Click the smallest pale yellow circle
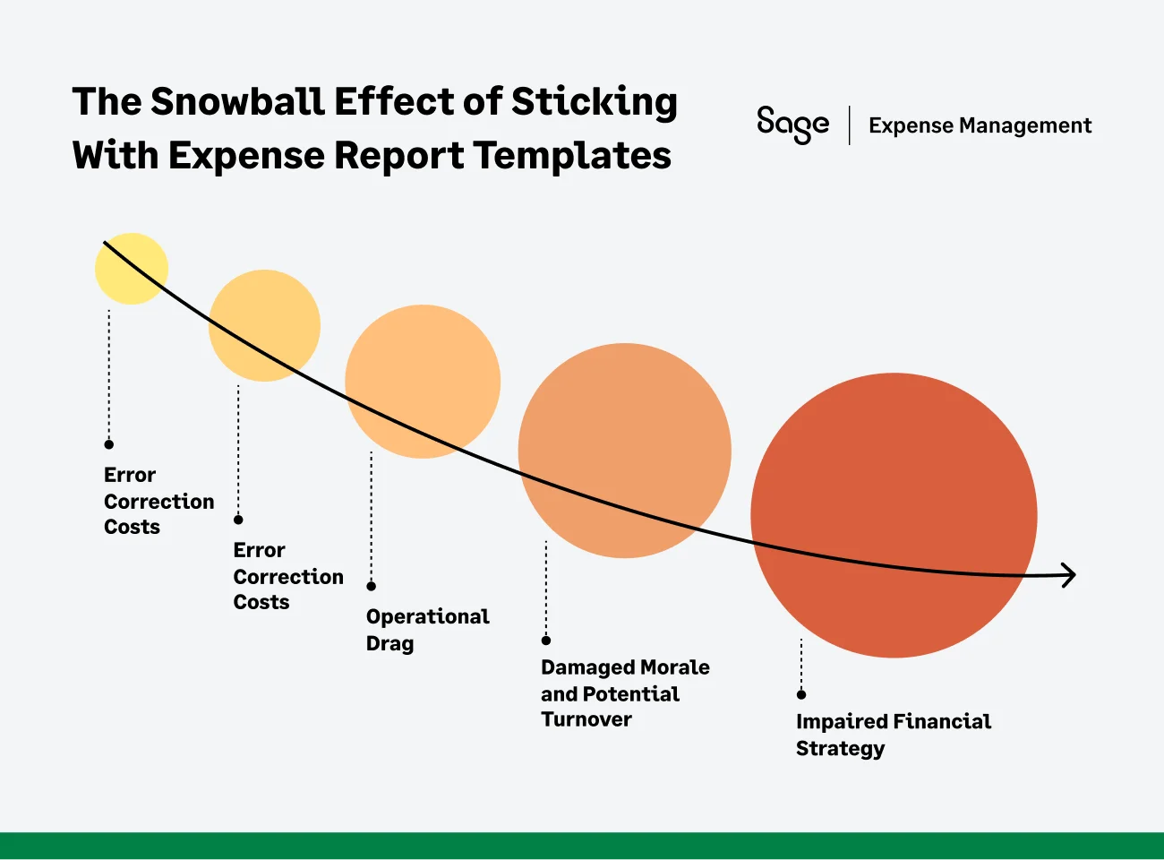pos(132,269)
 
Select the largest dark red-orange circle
pos(894,515)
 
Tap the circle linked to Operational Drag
pos(423,382)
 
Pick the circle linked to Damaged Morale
pos(624,451)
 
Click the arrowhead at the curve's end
pos(1067,575)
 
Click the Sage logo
pos(792,125)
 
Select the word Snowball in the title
pos(237,102)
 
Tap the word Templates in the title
pos(572,156)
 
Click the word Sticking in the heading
pos(594,102)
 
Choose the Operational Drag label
pos(427,630)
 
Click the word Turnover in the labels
pos(586,719)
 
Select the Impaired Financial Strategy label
pos(893,735)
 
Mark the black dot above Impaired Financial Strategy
pos(801,694)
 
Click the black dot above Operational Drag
pos(372,586)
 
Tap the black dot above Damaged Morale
pos(546,640)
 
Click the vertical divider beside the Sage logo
pos(849,125)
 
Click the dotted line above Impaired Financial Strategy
pos(801,665)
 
